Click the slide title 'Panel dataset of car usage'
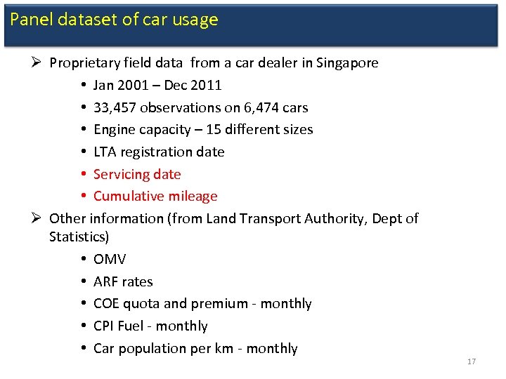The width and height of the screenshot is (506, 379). click(x=114, y=20)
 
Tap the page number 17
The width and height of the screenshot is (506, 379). click(x=471, y=361)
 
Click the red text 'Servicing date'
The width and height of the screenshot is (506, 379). click(x=137, y=174)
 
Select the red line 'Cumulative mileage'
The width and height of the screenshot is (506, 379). click(x=155, y=197)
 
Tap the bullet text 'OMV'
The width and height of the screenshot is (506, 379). click(x=110, y=260)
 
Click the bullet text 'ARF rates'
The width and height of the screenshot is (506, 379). click(x=123, y=281)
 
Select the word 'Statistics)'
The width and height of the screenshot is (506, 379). click(x=79, y=237)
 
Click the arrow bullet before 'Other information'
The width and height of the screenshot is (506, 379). click(x=36, y=218)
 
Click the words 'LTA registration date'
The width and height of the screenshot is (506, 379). click(x=159, y=152)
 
